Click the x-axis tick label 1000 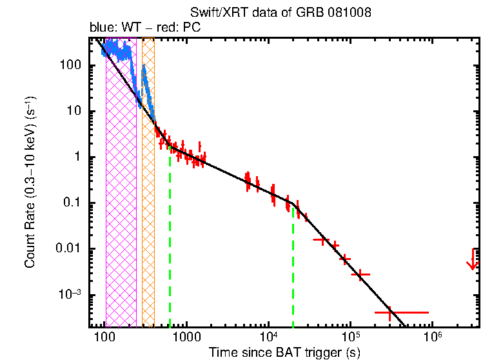(x=186, y=339)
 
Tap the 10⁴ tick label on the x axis (x=268, y=338)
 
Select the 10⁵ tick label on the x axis (x=350, y=338)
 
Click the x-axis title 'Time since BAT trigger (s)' (x=284, y=352)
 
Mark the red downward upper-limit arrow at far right (x=473, y=261)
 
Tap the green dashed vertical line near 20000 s (x=293, y=271)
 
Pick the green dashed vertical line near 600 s (x=170, y=245)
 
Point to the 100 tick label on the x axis (x=104, y=339)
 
